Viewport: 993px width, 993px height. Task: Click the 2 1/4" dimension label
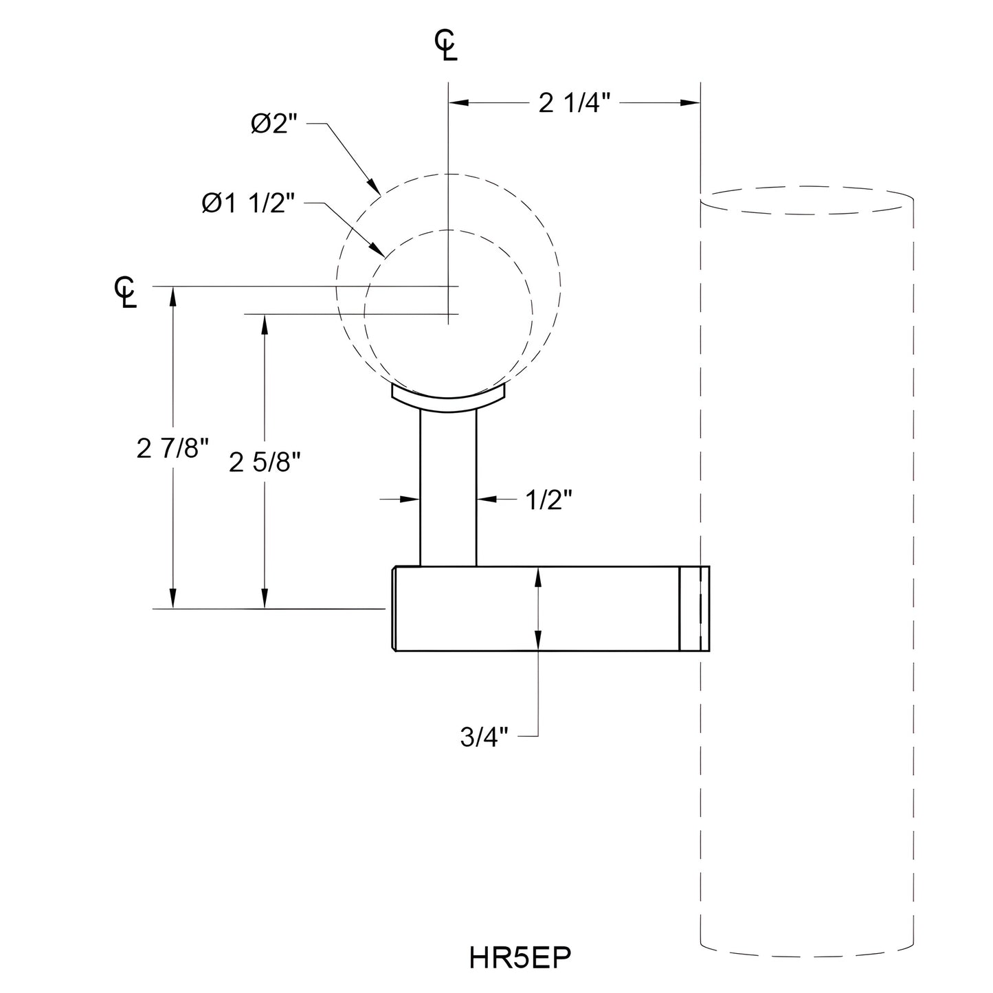(574, 104)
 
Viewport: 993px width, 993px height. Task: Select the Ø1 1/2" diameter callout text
(248, 203)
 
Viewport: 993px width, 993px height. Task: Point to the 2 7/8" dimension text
(172, 449)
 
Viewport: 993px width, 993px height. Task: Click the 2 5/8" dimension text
(265, 463)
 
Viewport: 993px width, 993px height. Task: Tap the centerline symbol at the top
(446, 47)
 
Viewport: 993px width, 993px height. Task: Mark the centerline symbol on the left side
(126, 292)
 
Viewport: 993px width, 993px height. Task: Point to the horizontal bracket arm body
(536, 608)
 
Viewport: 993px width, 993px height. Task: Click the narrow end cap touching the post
(693, 608)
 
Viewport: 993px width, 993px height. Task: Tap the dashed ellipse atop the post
(806, 200)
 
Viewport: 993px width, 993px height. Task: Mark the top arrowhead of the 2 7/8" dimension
(172, 296)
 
